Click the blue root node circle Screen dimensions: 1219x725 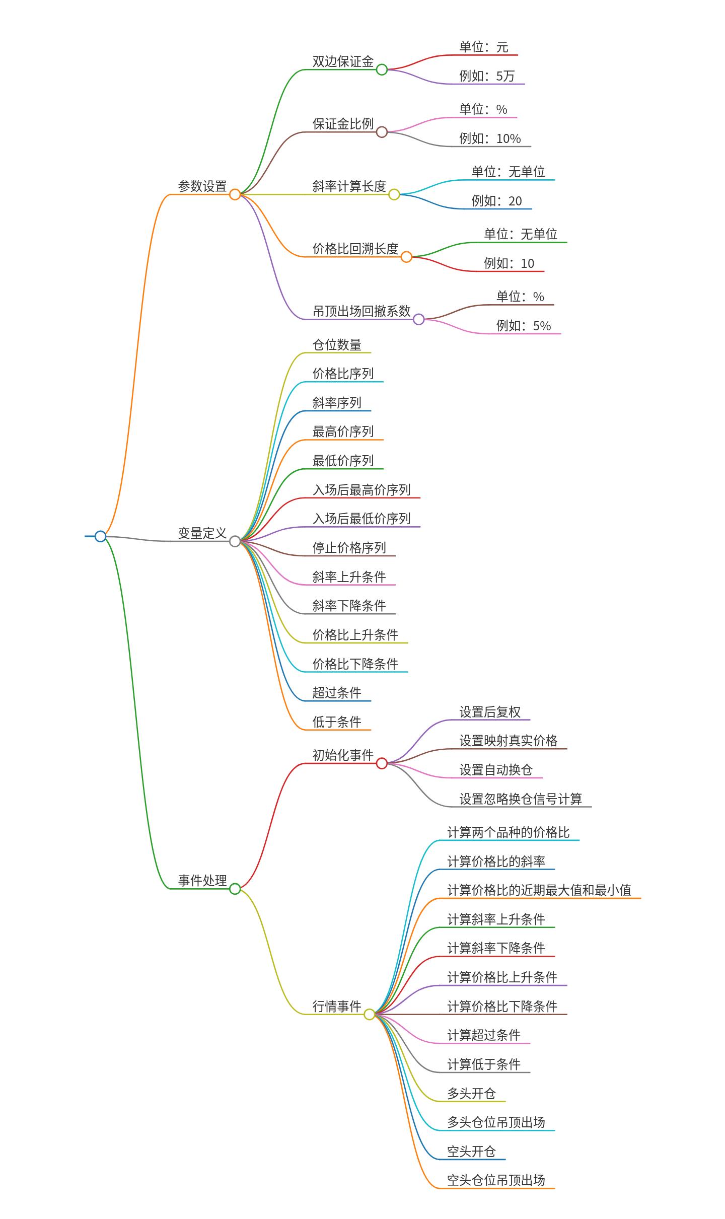click(100, 536)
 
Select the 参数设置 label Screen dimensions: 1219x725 click(202, 186)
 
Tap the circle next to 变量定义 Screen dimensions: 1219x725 click(235, 541)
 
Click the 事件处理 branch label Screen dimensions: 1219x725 click(202, 881)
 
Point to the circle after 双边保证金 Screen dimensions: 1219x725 click(382, 69)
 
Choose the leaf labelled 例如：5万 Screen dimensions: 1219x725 click(487, 76)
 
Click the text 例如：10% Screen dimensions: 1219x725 click(490, 138)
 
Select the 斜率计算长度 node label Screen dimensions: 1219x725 click(349, 186)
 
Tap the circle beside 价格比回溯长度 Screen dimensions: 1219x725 click(406, 257)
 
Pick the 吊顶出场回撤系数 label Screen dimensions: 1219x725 click(361, 311)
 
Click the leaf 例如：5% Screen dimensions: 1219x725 click(524, 326)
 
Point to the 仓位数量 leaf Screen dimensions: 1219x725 click(337, 345)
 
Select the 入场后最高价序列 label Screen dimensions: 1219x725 click(361, 490)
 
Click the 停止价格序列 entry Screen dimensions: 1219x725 click(349, 548)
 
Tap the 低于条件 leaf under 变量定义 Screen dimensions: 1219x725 click(337, 722)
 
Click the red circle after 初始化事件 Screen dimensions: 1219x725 click(382, 763)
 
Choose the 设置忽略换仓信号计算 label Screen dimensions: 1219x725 click(521, 799)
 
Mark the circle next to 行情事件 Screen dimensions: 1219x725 click(370, 1014)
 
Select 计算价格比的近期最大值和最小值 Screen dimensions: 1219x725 click(539, 890)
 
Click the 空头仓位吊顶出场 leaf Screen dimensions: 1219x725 click(496, 1180)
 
